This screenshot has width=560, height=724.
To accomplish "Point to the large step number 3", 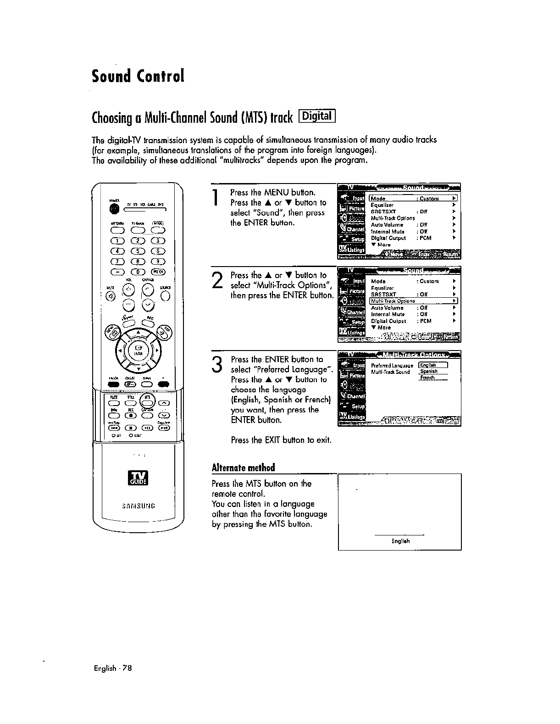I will pos(217,364).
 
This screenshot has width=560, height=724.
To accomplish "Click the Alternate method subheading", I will pos(243,468).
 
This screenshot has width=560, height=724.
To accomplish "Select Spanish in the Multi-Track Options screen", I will pos(429,371).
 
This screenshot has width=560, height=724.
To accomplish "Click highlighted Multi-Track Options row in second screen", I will pos(413,301).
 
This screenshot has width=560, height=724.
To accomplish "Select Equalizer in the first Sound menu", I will pos(382,205).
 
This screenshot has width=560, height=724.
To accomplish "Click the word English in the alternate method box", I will pos(400,541).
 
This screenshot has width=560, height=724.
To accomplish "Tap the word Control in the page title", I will pos(160,76).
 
